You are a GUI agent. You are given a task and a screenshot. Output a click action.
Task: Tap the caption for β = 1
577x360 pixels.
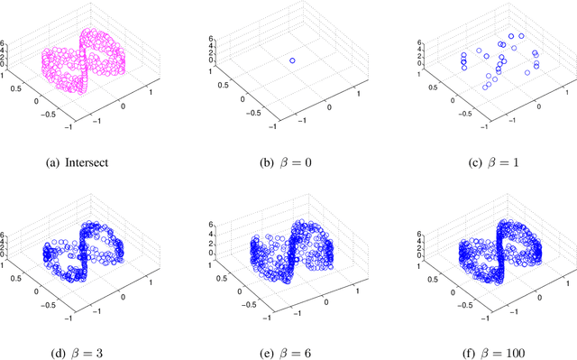click(x=482, y=162)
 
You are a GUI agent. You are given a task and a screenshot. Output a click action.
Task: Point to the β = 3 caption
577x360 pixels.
click(x=94, y=341)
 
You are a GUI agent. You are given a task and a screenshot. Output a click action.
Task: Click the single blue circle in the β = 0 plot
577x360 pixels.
click(x=292, y=60)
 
